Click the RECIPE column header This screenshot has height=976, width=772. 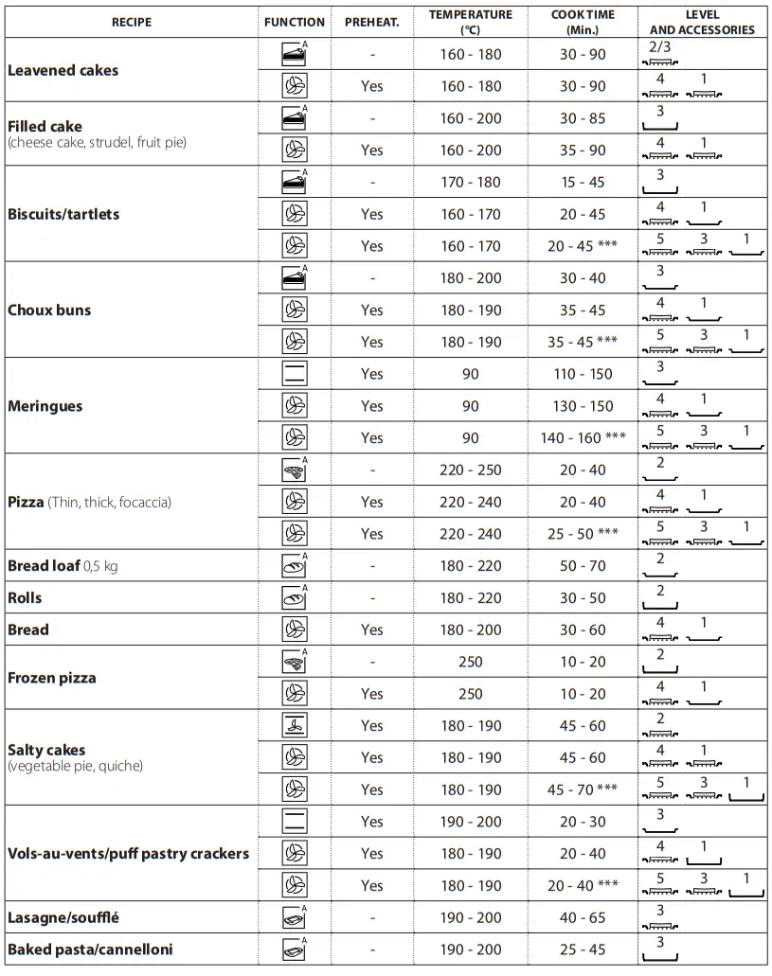click(x=131, y=22)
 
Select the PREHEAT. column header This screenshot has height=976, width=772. click(x=372, y=22)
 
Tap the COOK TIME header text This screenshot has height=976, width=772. click(x=583, y=15)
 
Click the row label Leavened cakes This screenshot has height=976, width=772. click(x=63, y=70)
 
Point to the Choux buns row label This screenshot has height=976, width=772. click(x=48, y=310)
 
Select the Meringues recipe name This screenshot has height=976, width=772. click(x=45, y=406)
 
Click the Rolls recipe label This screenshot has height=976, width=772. click(x=25, y=598)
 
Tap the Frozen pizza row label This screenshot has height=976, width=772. click(x=51, y=678)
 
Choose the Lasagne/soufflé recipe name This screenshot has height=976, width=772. click(x=63, y=917)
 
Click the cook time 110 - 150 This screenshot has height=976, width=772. click(x=583, y=374)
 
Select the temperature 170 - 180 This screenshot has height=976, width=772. click(x=471, y=182)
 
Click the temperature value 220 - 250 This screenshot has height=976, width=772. click(x=471, y=470)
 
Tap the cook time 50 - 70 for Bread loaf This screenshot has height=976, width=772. click(x=583, y=566)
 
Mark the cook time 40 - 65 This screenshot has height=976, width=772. click(x=583, y=917)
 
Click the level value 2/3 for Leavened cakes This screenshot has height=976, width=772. click(x=660, y=46)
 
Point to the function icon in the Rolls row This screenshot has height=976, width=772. click(x=295, y=598)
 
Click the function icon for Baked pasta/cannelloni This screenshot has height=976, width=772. click(x=295, y=949)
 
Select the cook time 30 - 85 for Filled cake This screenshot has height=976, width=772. click(x=583, y=118)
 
